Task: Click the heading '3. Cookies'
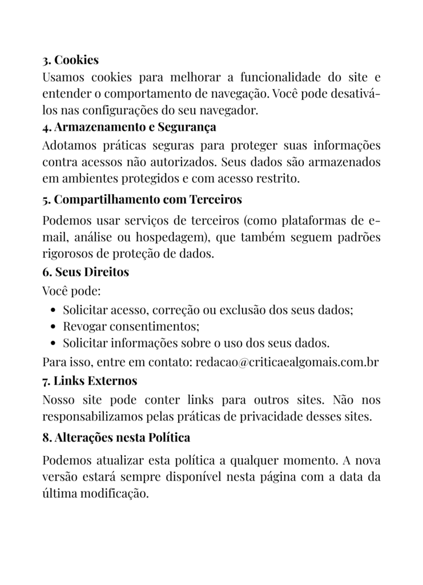(70, 60)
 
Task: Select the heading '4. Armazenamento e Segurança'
(129, 127)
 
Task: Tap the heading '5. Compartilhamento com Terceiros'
(142, 200)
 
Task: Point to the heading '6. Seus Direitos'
(86, 272)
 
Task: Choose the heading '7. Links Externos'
(90, 380)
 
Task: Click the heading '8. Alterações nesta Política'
(116, 438)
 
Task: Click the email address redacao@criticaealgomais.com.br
(287, 362)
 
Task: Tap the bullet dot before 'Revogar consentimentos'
(53, 327)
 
